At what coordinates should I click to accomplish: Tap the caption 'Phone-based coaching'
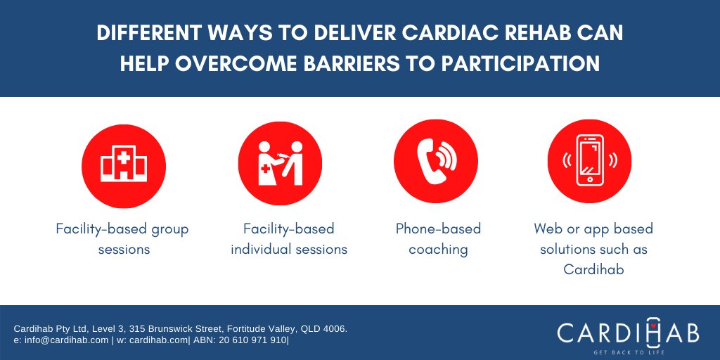pos(438,239)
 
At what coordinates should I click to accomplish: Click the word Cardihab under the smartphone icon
pos(593,269)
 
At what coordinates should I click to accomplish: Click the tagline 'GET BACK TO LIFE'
pos(628,352)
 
